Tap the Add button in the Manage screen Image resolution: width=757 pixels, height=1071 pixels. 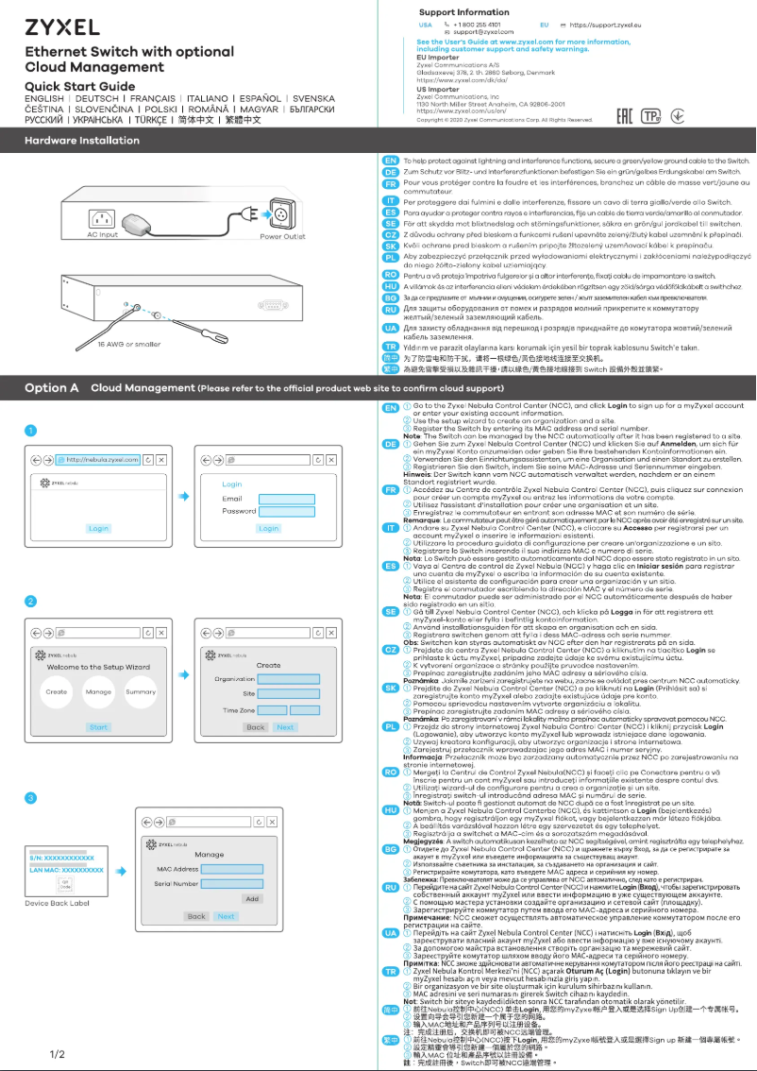[251, 898]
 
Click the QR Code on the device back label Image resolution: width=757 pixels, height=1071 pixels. [64, 885]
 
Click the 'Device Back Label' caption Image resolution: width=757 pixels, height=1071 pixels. [57, 903]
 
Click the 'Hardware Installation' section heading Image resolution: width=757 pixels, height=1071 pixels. [82, 141]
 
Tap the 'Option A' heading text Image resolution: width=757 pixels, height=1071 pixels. [51, 387]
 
